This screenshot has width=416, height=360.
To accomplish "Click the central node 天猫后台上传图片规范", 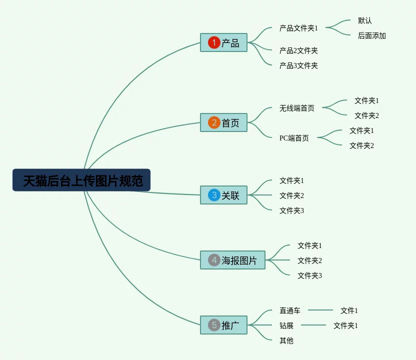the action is pos(81,180).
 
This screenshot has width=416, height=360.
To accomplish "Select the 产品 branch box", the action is pos(224,43).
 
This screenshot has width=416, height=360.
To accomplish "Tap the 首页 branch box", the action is pos(224,122).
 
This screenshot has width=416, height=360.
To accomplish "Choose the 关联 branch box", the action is pos(224,195).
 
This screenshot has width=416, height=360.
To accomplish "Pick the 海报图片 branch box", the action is pos(233,260).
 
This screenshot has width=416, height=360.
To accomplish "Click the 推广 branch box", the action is pos(224,325).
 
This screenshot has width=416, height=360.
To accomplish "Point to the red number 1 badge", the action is pos(214,43).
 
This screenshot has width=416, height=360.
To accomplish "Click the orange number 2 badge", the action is pos(214,122).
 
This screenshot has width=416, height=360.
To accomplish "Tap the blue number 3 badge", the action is pos(214,195).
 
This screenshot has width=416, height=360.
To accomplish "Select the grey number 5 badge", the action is pos(214,325).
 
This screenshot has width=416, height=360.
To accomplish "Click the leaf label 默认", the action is pos(365,21).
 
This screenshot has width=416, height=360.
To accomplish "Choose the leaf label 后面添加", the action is pos(372,36).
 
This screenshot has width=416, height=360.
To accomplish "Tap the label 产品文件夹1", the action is pos(298,28).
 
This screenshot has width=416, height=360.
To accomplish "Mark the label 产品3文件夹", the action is pos(298,65).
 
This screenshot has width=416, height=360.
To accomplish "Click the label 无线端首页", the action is pos(297,108).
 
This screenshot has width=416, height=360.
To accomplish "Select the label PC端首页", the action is pos(294,138).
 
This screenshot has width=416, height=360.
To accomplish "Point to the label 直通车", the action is pos(290,310).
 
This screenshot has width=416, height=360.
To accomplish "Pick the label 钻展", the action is pos(286,325).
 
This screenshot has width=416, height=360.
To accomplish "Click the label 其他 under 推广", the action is pos(286,340).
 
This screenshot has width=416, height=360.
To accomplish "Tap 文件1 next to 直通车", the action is pos(349,310).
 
